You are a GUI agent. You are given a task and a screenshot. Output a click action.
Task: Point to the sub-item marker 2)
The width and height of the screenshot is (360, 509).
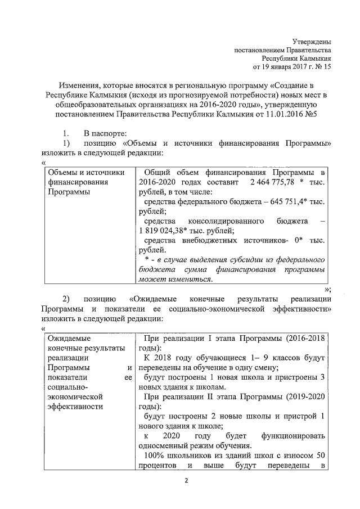[x=66, y=299]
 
